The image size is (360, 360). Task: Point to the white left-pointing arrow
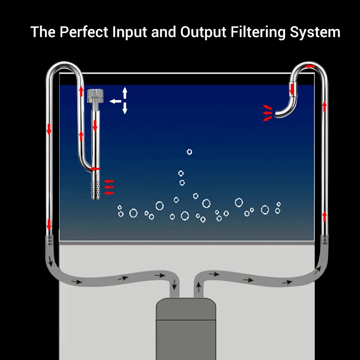pyautogui.click(x=115, y=101)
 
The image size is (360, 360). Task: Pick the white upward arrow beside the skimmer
pyautogui.click(x=125, y=92)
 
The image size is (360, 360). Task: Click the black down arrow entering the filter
pyautogui.click(x=175, y=284)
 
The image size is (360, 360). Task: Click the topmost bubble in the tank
pyautogui.click(x=189, y=152)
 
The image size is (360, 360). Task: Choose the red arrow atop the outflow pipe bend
pyautogui.click(x=310, y=66)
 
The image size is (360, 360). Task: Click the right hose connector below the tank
pyautogui.click(x=325, y=238)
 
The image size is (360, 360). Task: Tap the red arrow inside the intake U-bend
pyautogui.click(x=95, y=168)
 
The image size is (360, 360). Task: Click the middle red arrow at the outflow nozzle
pyautogui.click(x=267, y=113)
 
